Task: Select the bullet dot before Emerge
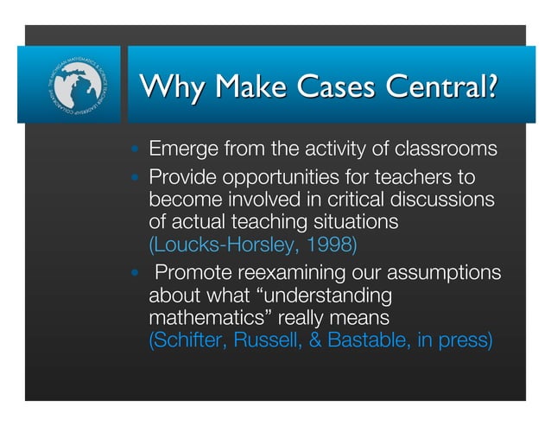point(135,149)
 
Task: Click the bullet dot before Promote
point(135,274)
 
